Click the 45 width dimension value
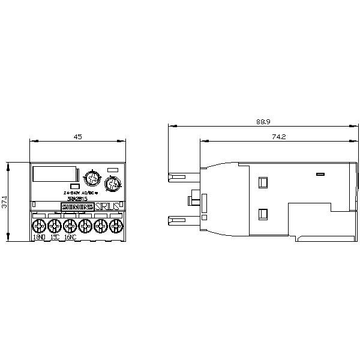pyautogui.click(x=77, y=137)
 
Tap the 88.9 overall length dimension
pyautogui.click(x=263, y=122)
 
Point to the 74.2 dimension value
pyautogui.click(x=278, y=137)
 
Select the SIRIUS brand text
pyautogui.click(x=107, y=206)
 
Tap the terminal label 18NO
pyautogui.click(x=39, y=238)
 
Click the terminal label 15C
pyautogui.click(x=55, y=238)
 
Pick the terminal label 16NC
pyautogui.click(x=70, y=238)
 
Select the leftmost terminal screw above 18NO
pyautogui.click(x=38, y=226)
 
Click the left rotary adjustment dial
pyautogui.click(x=92, y=179)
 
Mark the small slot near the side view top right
pyautogui.click(x=320, y=175)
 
